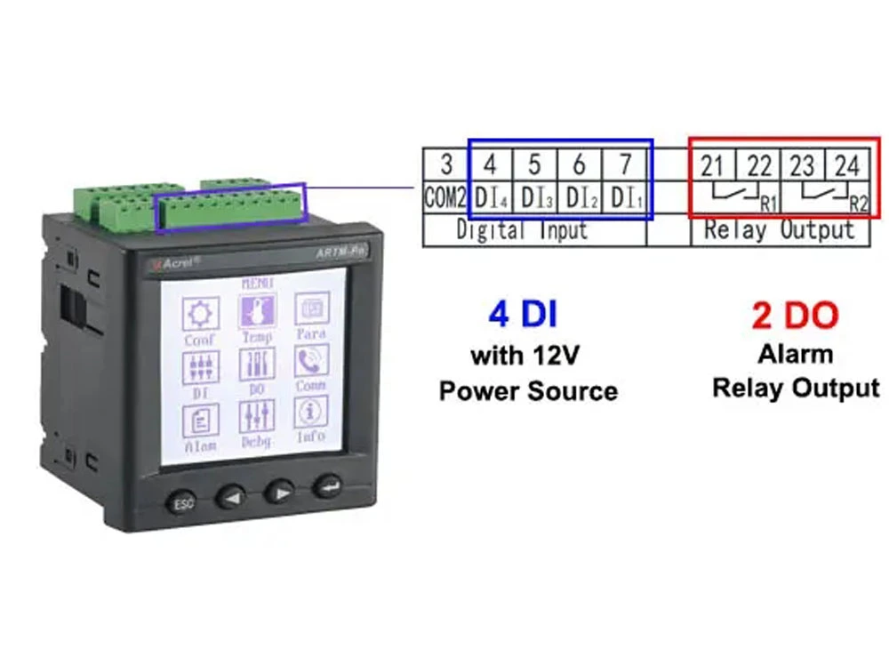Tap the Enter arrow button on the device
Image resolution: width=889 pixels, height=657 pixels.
pyautogui.click(x=325, y=487)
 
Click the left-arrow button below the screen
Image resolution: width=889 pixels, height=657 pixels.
pyautogui.click(x=232, y=495)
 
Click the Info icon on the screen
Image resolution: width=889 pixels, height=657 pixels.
pyautogui.click(x=311, y=414)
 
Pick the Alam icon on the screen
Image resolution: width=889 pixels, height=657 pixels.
pyautogui.click(x=200, y=421)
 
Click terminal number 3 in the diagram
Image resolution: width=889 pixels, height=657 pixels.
pyautogui.click(x=446, y=164)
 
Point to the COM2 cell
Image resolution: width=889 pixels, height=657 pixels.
pyautogui.click(x=445, y=197)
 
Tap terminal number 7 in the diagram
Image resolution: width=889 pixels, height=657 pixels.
pyautogui.click(x=625, y=164)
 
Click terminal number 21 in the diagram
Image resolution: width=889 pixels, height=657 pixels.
pyautogui.click(x=712, y=165)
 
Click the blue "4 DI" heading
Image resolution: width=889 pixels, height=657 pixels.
pyautogui.click(x=523, y=315)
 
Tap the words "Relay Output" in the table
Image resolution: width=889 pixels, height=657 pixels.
pyautogui.click(x=779, y=230)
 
